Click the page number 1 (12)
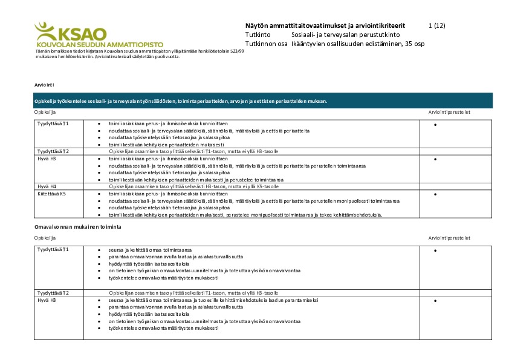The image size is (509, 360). [x=436, y=25]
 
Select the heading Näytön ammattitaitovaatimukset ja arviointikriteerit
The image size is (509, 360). [x=325, y=25]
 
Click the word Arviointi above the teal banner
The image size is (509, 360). [x=44, y=85]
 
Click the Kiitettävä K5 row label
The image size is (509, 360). [x=51, y=194]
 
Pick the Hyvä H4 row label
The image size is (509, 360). [x=47, y=187]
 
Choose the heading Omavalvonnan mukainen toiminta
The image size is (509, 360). [x=78, y=226]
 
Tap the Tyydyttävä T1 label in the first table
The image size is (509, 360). [x=53, y=123]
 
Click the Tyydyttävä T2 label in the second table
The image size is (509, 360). [x=53, y=293]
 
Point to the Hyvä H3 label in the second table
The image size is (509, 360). [x=47, y=300]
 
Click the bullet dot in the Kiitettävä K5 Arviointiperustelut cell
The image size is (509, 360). [x=435, y=195]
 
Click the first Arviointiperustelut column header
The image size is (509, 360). [x=449, y=113]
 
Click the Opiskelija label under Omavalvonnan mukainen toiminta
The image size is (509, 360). [x=45, y=238]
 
